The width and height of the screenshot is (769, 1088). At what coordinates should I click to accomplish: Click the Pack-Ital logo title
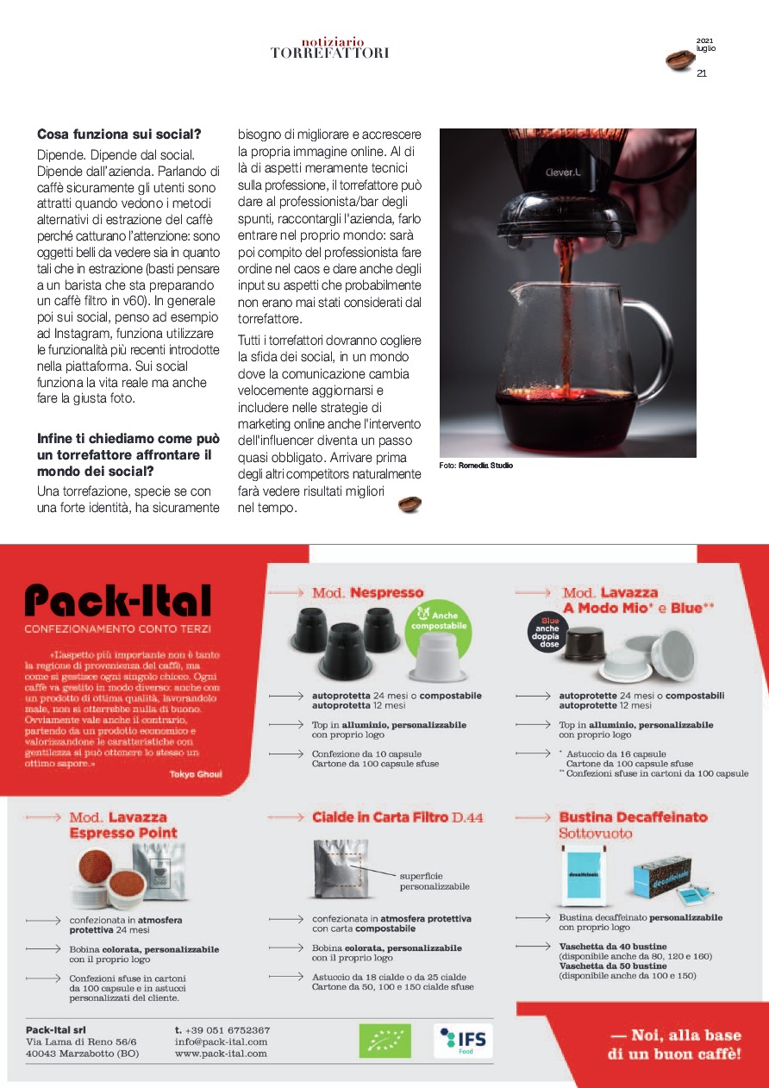tap(117, 601)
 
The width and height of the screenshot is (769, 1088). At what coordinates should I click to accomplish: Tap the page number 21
tap(702, 73)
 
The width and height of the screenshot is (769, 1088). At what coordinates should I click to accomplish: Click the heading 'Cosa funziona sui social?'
tap(119, 134)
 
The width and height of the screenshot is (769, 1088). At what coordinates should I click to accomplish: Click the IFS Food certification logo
tap(464, 1041)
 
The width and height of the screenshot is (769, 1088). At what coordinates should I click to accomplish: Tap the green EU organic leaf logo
tap(384, 1041)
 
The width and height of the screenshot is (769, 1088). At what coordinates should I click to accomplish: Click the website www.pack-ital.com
tap(221, 1054)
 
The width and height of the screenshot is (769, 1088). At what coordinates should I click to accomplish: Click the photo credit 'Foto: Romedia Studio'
tap(476, 466)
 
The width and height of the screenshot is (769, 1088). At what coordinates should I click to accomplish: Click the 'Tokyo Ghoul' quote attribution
tap(196, 774)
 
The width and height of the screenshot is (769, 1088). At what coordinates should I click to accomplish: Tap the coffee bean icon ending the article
tap(410, 504)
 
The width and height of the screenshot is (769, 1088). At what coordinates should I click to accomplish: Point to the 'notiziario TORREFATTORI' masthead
tap(331, 47)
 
